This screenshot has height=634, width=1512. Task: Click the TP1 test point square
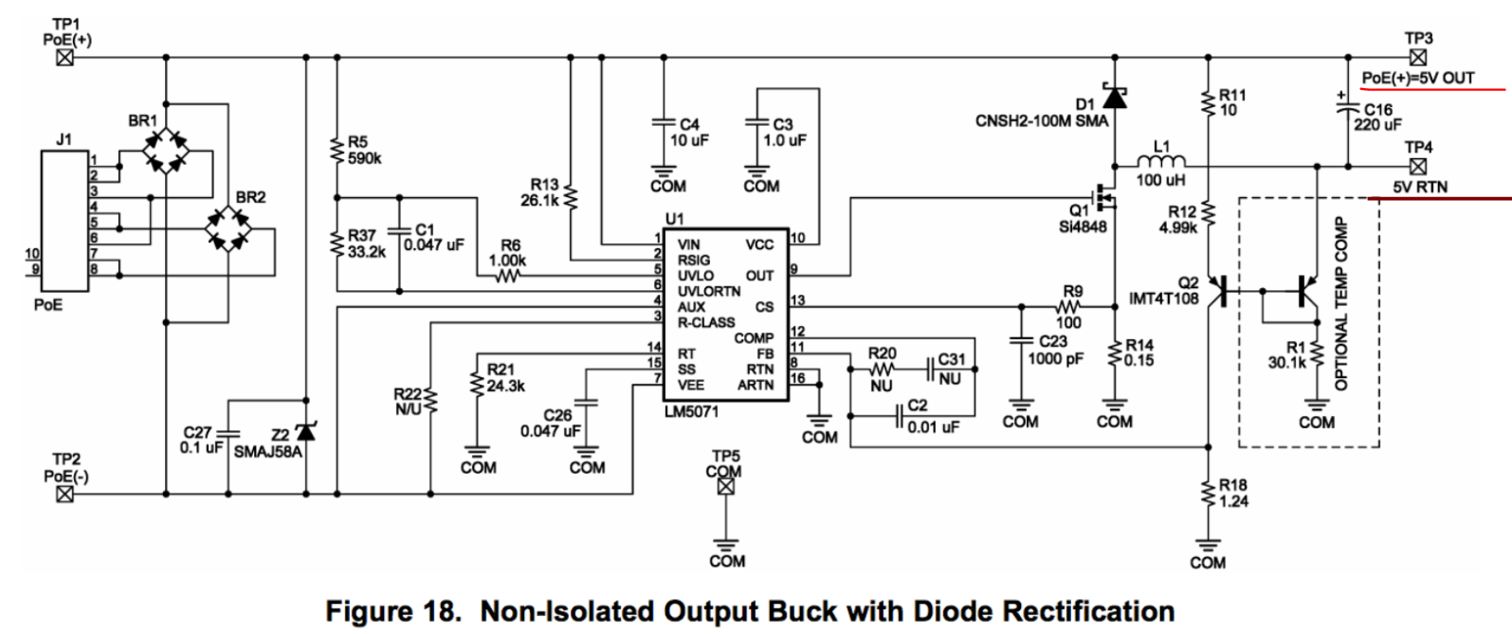click(64, 58)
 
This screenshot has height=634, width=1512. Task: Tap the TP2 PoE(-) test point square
click(64, 494)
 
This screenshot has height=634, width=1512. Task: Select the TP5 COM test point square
click(726, 486)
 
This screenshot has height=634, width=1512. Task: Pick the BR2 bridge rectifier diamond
click(228, 228)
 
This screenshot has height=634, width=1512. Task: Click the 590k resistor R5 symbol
click(336, 149)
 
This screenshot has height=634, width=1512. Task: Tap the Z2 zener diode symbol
click(305, 430)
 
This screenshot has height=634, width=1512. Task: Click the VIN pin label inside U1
click(689, 245)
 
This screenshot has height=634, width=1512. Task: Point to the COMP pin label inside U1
click(754, 337)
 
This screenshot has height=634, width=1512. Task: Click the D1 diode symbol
click(1115, 98)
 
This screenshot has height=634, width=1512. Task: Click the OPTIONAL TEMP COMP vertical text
click(1340, 304)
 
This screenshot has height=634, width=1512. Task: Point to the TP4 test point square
click(1418, 167)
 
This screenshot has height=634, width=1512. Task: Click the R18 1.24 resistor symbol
click(1208, 494)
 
